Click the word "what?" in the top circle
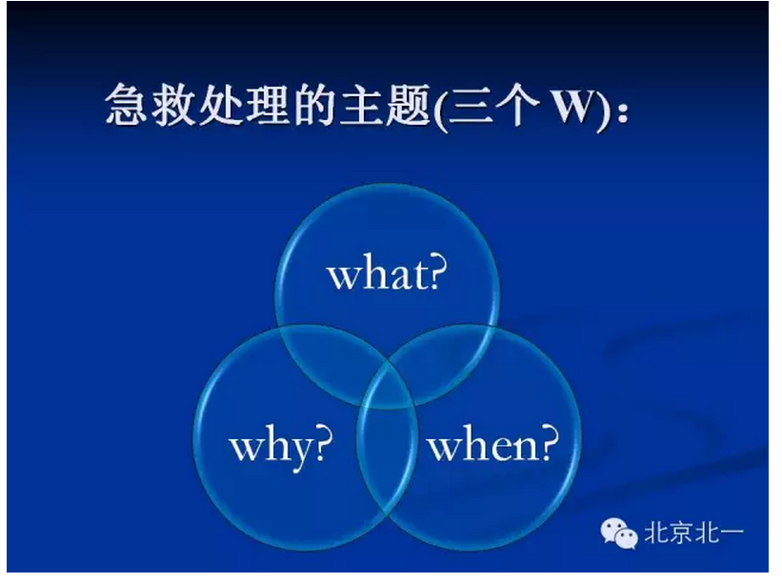387,274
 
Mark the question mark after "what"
438,272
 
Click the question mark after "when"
547,443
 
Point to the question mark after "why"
324,443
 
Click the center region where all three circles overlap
387,376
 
